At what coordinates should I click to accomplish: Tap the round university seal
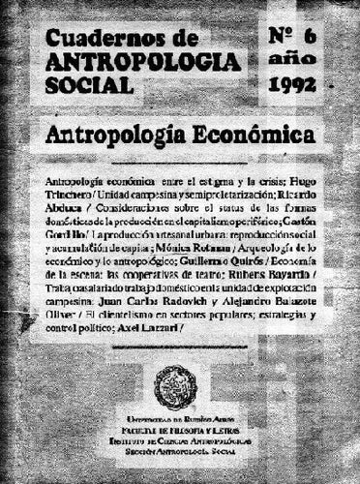[181, 385]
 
